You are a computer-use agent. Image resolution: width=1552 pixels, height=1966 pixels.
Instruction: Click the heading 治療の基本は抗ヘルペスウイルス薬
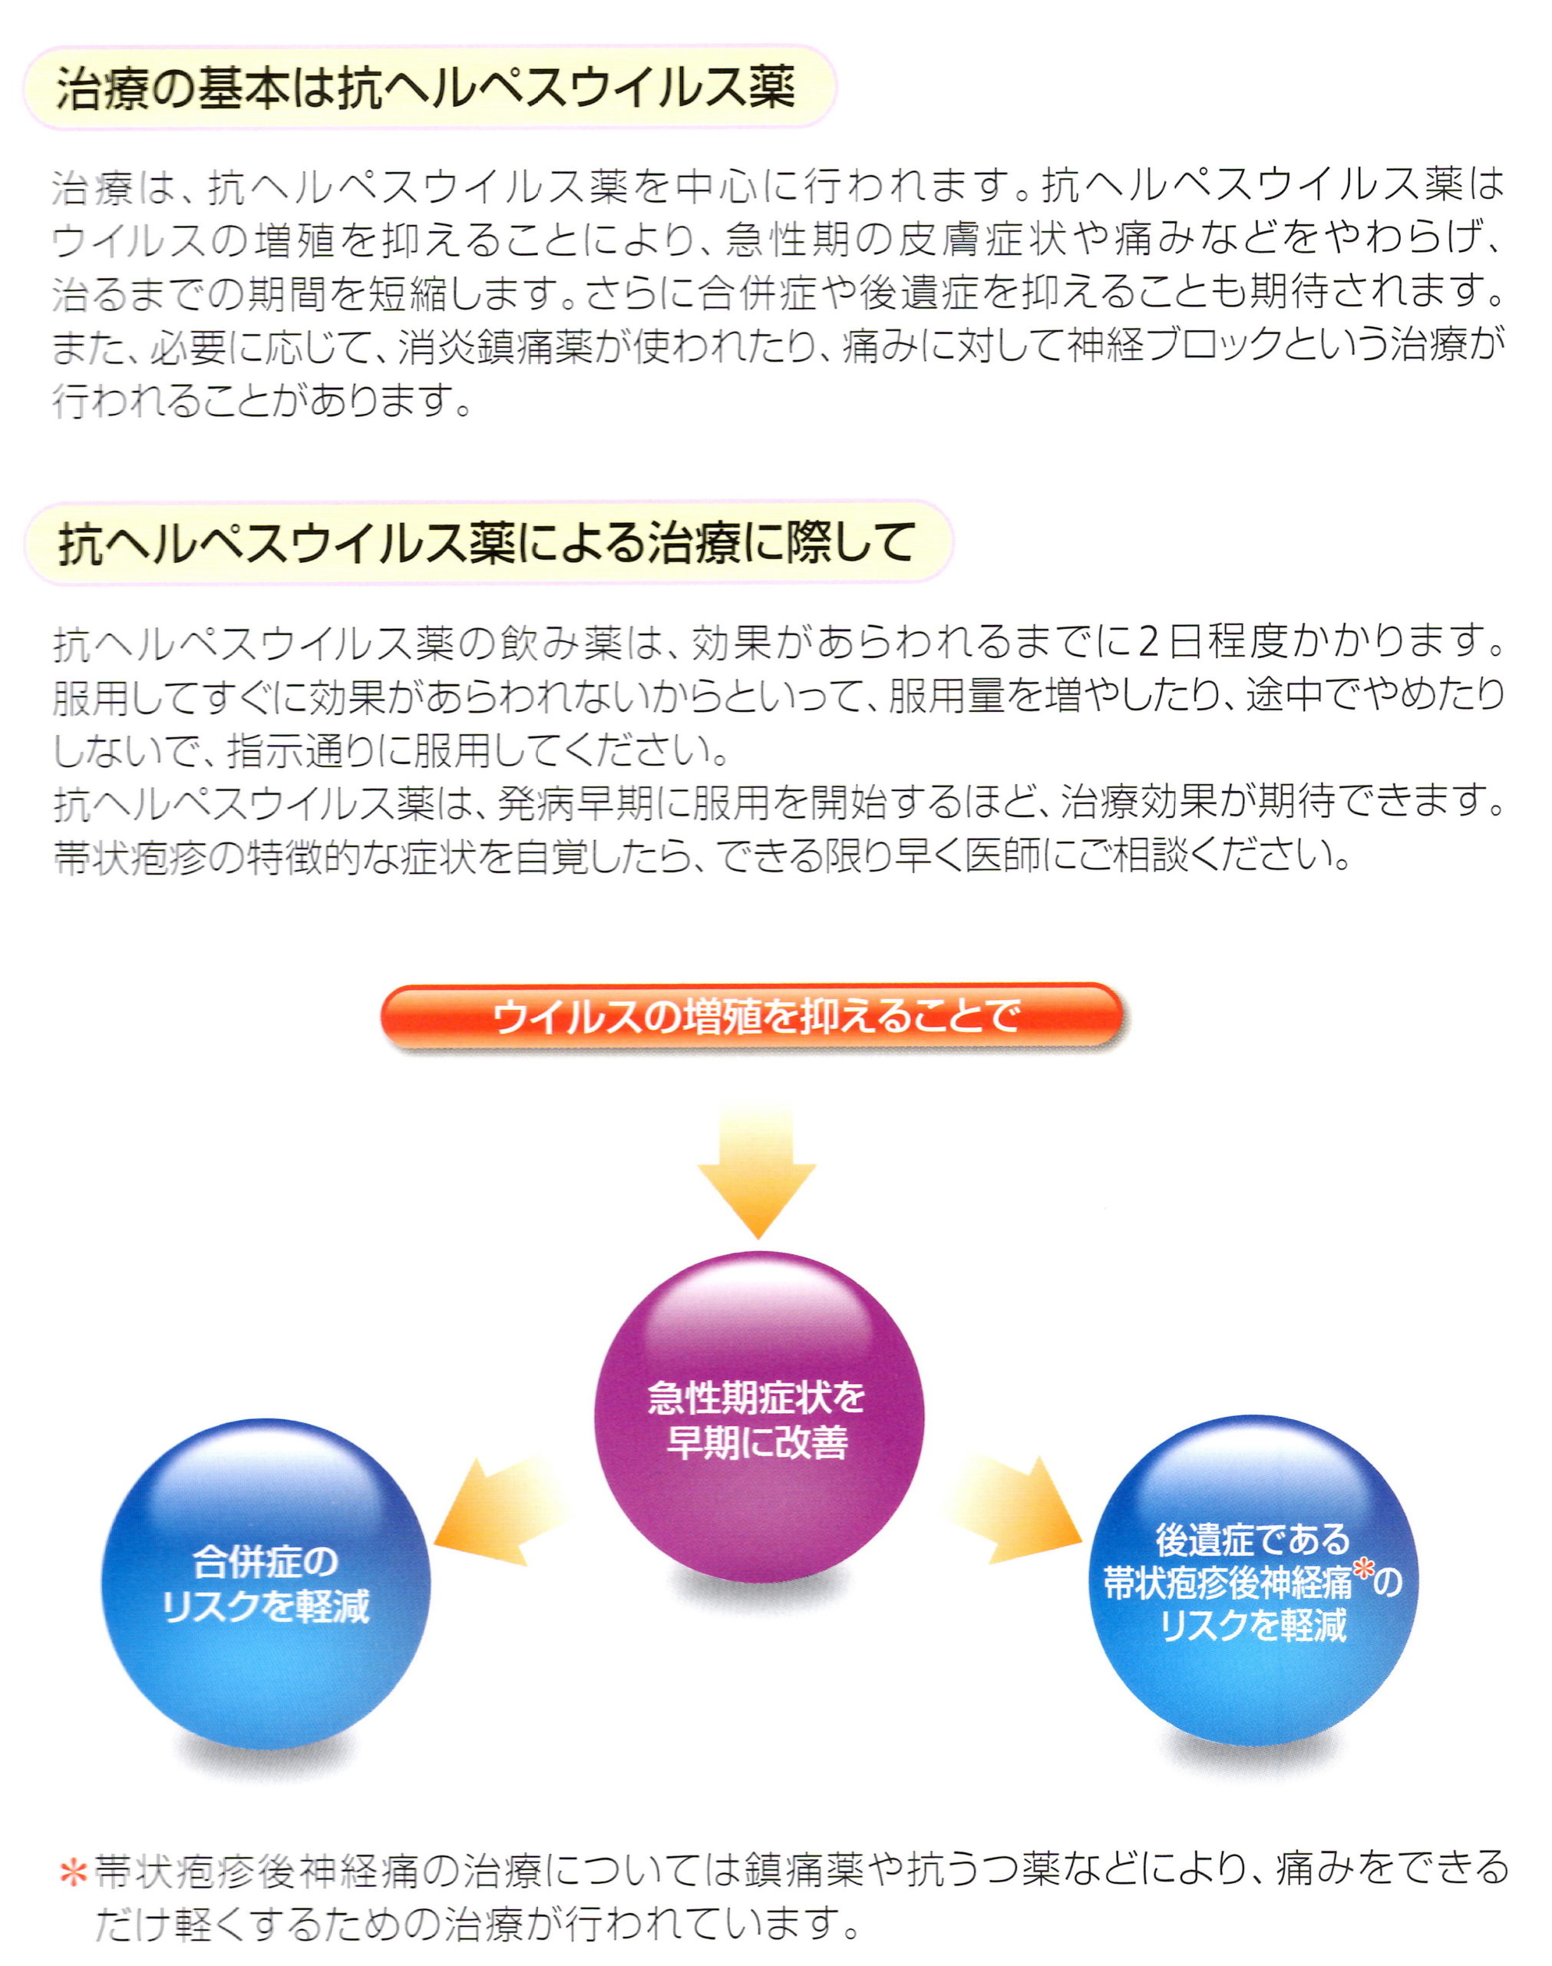click(x=425, y=89)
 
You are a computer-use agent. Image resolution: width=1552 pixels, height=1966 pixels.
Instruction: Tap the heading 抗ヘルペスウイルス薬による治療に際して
click(x=486, y=544)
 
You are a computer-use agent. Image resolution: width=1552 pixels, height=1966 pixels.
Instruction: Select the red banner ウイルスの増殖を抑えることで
click(x=752, y=1017)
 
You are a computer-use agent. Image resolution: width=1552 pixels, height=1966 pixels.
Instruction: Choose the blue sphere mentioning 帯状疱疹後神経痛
click(x=1254, y=1580)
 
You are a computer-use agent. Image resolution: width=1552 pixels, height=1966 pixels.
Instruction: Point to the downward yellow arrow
click(x=757, y=1172)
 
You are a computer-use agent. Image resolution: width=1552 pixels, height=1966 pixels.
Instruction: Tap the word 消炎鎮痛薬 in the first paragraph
click(x=495, y=345)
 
